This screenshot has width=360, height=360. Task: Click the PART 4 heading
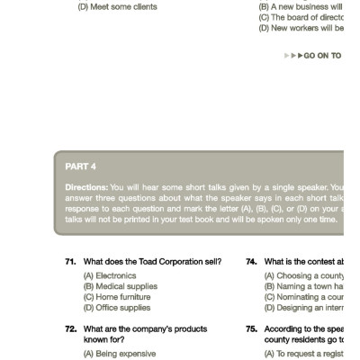point(81,166)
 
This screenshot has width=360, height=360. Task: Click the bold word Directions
point(86,187)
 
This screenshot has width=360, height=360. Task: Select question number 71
point(69,262)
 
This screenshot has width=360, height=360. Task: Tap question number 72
point(69,329)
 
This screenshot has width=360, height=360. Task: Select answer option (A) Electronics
point(110,275)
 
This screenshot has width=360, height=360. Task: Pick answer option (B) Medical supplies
point(120,286)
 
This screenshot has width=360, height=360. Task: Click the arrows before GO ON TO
point(292,56)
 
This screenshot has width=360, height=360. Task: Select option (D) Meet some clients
point(117,7)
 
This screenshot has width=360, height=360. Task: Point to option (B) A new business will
point(301,7)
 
